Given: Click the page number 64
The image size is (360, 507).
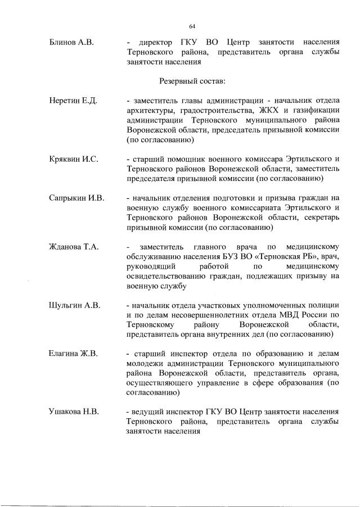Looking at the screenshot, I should (x=192, y=26).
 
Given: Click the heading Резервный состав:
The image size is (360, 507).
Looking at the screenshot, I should (x=193, y=81).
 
